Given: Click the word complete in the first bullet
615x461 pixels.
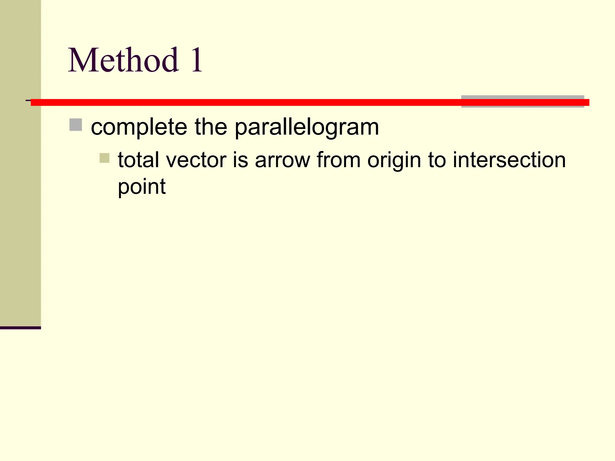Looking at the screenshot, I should pyautogui.click(x=139, y=127).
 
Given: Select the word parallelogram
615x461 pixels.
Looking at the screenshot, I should pyautogui.click(x=307, y=128).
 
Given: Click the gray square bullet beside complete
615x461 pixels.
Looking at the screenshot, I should pyautogui.click(x=76, y=125).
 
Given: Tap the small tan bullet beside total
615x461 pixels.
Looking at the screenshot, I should pyautogui.click(x=105, y=158).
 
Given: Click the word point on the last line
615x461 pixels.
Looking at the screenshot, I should pyautogui.click(x=142, y=187).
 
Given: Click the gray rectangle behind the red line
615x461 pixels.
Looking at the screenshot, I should pyautogui.click(x=523, y=97).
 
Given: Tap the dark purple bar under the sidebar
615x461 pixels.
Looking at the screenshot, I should pyautogui.click(x=20, y=328).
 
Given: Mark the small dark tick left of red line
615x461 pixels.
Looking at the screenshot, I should pyautogui.click(x=28, y=100).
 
